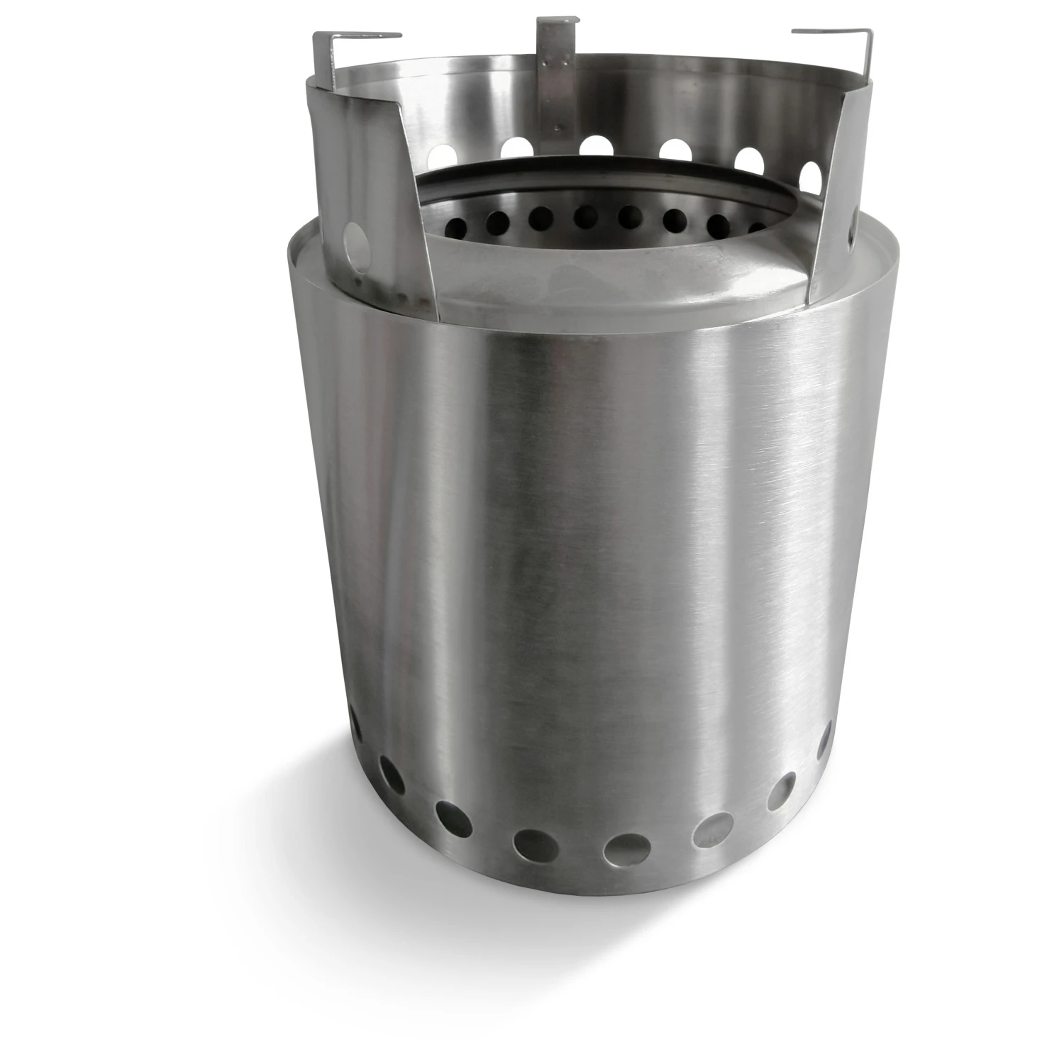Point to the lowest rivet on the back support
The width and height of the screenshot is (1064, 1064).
pos(555,128)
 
